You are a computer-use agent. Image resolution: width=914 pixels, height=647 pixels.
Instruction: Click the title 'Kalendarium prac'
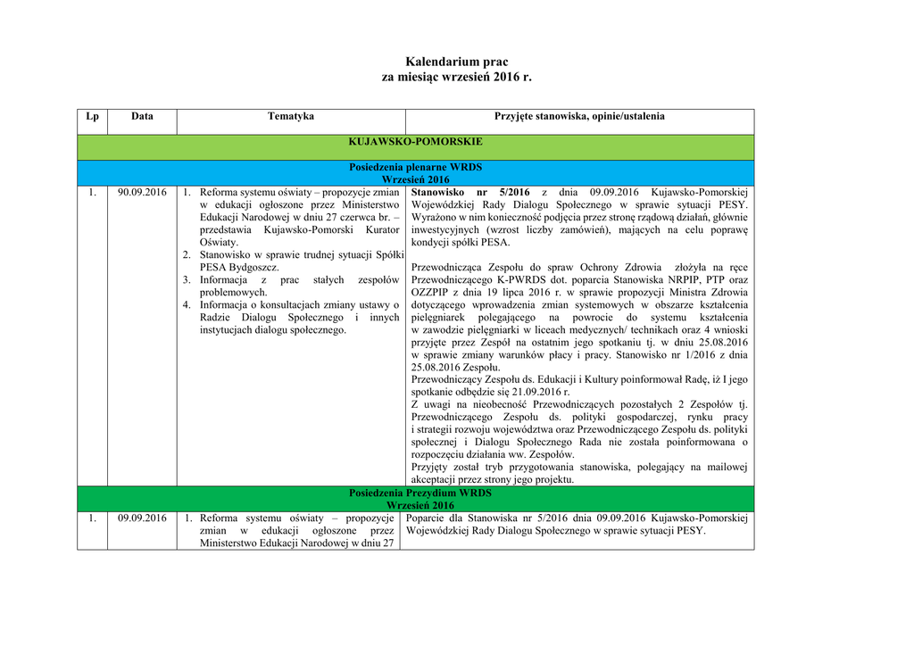point(456,62)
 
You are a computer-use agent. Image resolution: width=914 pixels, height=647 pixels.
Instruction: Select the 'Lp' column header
point(92,117)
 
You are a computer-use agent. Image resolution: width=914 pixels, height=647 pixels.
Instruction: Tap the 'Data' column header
point(142,117)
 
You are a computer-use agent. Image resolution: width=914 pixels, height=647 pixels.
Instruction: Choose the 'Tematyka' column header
point(291,117)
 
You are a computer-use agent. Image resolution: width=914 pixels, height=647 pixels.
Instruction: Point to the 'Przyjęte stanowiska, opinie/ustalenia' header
point(579,117)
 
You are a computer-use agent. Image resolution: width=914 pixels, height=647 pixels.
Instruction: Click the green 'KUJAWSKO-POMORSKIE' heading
point(415,142)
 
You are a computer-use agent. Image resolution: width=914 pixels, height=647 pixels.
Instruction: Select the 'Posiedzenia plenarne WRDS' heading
point(415,167)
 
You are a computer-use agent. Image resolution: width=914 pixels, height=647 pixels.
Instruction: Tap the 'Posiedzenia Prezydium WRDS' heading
point(420,493)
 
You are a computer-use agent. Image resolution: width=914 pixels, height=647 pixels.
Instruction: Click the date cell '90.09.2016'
point(142,192)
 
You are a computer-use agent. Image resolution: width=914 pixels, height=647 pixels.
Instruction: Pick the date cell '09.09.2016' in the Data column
point(142,518)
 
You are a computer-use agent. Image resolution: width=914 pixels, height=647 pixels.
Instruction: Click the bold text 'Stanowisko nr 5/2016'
point(470,192)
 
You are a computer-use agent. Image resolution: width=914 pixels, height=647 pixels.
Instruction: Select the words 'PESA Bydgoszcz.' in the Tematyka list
point(239,267)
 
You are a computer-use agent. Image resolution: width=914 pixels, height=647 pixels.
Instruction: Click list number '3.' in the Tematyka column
point(187,279)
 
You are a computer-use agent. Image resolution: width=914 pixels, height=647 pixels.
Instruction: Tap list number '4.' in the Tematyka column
point(187,304)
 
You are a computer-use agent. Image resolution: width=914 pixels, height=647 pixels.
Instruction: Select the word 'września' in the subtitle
point(466,78)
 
